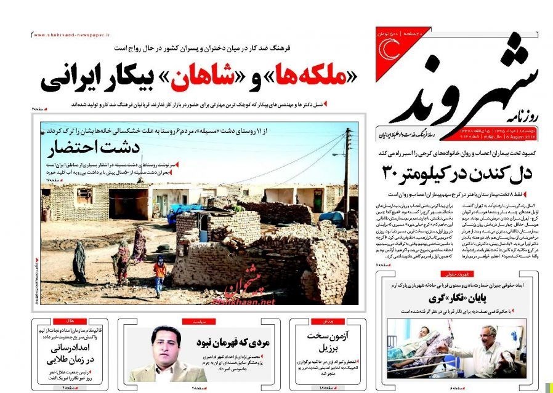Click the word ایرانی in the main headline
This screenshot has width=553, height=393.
click(x=67, y=79)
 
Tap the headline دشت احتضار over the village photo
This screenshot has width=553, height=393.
click(x=102, y=148)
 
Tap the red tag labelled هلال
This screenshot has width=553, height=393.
click(x=63, y=322)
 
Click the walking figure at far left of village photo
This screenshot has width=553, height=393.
click(x=79, y=262)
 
